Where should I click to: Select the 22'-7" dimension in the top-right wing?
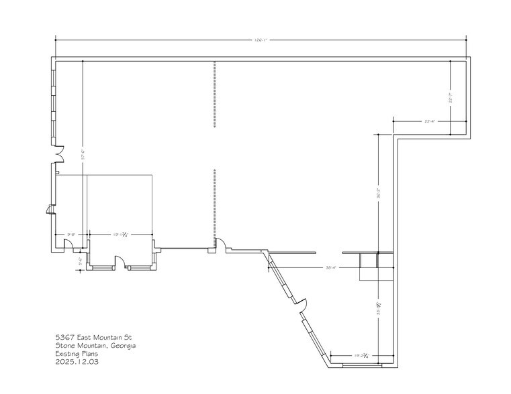(x=452, y=98)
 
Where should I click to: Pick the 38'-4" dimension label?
(x=330, y=267)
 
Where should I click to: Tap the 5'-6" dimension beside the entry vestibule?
(x=81, y=260)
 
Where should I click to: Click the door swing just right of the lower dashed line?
(x=220, y=245)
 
